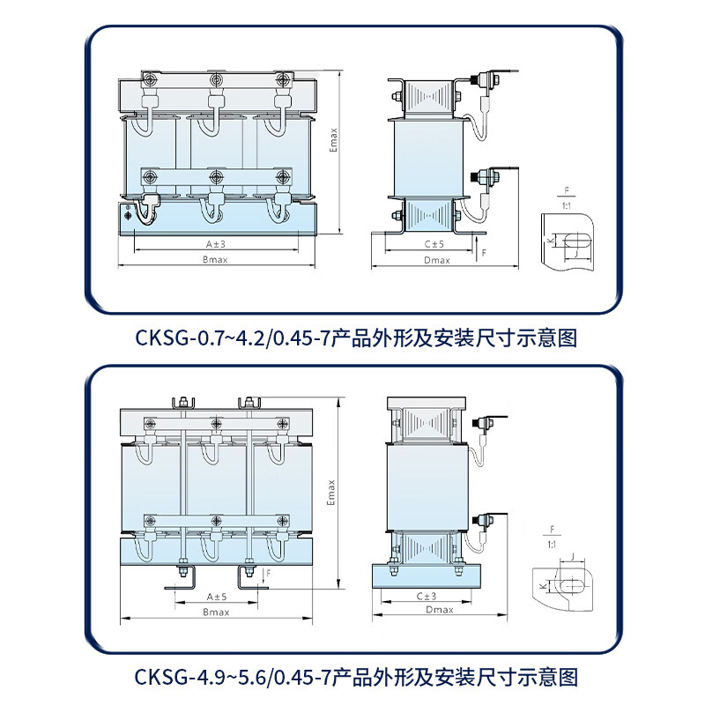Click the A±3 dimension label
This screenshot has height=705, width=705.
216,242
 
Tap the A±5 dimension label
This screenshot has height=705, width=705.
216,596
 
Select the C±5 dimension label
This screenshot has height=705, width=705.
433,243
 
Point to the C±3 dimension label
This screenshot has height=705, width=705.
428,597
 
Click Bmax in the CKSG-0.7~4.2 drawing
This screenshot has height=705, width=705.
216,260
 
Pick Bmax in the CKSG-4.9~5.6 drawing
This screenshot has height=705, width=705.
216,611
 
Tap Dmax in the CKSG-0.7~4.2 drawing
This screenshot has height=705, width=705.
436,260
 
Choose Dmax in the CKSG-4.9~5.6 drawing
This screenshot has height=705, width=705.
438,610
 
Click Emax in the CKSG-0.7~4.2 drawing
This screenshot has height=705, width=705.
333,140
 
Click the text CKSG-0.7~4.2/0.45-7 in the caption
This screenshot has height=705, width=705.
233,338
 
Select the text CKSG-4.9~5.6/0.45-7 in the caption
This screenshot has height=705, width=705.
233,677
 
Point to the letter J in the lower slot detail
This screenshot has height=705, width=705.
574,557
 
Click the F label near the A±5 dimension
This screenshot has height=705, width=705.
267,573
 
